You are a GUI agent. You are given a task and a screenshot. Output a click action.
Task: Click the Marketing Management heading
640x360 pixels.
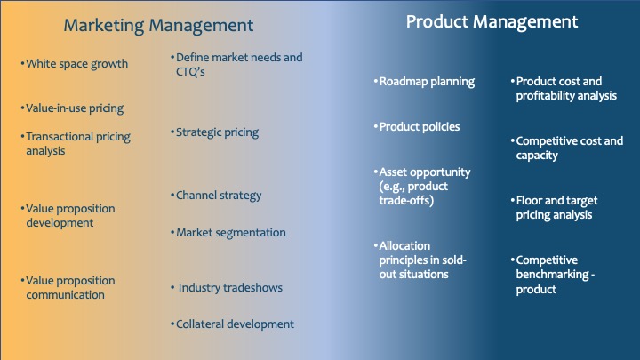pos(159,26)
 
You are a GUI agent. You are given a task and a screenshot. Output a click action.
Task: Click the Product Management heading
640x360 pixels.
pos(492,21)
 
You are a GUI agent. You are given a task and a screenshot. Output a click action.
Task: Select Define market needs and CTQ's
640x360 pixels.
pos(238,64)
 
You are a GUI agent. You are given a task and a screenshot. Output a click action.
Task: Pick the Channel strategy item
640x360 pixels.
pos(218,195)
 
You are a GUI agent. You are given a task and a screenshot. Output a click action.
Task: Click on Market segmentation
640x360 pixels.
pos(230,233)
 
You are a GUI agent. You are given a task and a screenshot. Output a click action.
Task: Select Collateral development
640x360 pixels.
pos(234,324)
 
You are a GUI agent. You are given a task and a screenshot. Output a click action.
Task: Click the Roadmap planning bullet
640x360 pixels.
pos(426,82)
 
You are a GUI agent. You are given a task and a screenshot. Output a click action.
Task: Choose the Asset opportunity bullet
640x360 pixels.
pos(424,186)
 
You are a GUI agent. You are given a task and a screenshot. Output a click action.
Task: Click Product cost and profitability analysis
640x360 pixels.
pos(565,88)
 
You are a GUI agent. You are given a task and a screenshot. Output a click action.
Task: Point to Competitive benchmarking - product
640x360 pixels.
pos(556,275)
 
